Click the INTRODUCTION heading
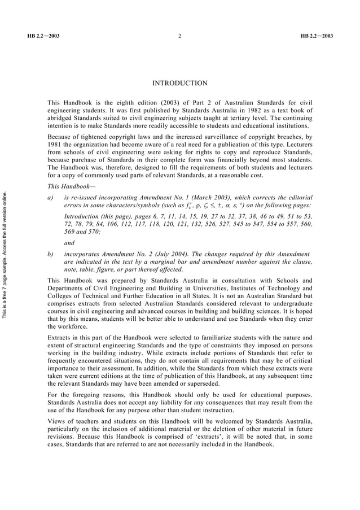coord(180,84)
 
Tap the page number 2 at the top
coord(179,36)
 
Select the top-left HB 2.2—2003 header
coord(43,36)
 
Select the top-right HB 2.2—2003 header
coord(317,36)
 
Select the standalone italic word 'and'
coord(69,243)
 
